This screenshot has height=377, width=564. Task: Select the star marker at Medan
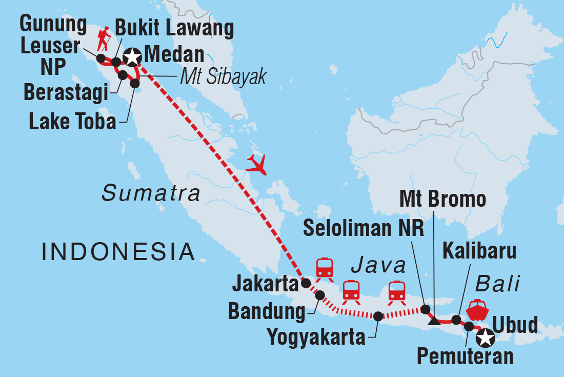(x=132, y=57)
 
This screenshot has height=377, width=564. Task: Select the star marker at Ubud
(x=485, y=338)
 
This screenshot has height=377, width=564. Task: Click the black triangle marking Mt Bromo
(x=434, y=322)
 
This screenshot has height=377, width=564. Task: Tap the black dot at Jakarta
(x=306, y=283)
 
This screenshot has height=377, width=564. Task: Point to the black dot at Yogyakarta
(x=378, y=316)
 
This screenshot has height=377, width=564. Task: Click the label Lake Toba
(x=72, y=122)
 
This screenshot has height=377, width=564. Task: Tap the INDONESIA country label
(x=118, y=252)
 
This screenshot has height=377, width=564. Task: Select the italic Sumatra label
(x=151, y=194)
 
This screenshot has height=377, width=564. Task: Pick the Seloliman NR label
(x=364, y=229)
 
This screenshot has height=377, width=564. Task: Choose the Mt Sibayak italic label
(x=224, y=76)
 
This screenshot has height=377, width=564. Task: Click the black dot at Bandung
(x=320, y=295)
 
